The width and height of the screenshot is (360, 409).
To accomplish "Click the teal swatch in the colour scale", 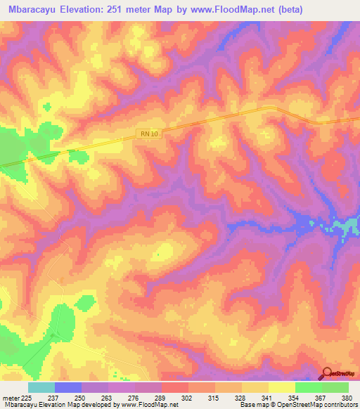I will coord(41,387).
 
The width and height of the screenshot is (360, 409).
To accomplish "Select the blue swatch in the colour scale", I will coord(68,387).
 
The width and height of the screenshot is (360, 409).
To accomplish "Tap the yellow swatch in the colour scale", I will coord(282,387).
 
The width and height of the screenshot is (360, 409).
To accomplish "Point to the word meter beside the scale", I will coord(11,397).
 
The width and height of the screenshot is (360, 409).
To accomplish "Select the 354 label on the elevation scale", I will coord(295,397).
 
